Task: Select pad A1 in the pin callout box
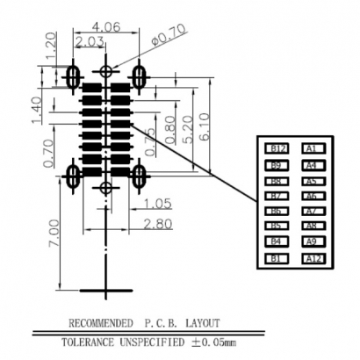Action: (x=313, y=148)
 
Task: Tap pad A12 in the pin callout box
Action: (x=313, y=258)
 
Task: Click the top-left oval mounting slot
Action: (x=74, y=78)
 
